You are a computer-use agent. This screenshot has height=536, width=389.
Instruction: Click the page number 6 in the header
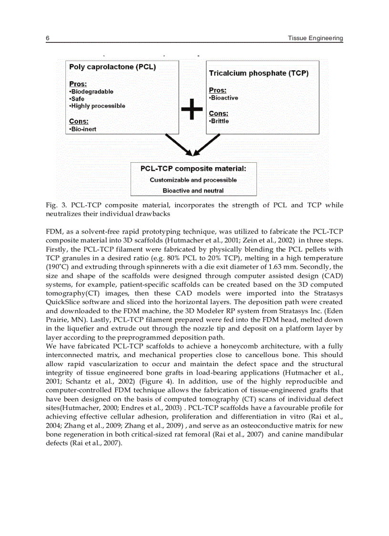tap(48, 38)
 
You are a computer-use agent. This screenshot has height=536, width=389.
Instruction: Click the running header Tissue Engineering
tap(316, 38)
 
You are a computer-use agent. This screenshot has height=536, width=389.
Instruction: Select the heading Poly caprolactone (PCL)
tap(113, 67)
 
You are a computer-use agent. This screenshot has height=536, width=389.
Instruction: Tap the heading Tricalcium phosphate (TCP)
tap(258, 74)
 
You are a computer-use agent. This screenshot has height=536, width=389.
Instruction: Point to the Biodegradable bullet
tap(92, 92)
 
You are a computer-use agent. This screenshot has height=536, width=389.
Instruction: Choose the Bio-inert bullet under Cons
tap(83, 129)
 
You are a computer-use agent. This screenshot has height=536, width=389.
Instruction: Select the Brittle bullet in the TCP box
tap(219, 121)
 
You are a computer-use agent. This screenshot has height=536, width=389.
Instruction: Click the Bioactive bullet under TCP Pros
tap(224, 98)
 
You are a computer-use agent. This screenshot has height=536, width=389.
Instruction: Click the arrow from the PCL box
tap(178, 144)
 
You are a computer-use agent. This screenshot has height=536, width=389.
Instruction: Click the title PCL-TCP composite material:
tap(193, 169)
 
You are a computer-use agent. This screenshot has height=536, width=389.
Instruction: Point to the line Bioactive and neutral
tap(193, 190)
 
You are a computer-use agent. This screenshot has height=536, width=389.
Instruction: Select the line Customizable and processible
tap(193, 180)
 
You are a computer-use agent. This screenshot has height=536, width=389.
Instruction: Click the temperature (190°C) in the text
tap(60, 267)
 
